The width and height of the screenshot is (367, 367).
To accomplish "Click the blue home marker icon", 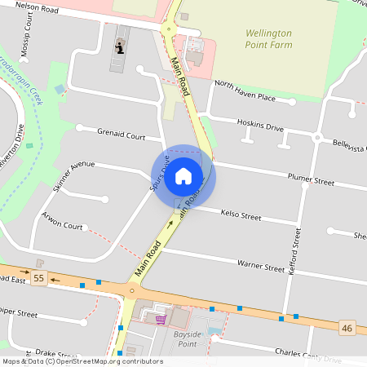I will (183, 175).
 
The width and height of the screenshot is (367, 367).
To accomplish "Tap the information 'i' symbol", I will (121, 47).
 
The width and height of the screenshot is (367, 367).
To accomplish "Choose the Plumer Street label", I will (311, 179).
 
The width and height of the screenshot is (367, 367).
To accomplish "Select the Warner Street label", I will (260, 265).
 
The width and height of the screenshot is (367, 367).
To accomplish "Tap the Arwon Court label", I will (63, 221).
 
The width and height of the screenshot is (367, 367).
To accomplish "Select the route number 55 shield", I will (38, 279).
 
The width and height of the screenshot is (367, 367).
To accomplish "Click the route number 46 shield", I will (347, 328).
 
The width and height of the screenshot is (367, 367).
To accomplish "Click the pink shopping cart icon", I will (161, 319).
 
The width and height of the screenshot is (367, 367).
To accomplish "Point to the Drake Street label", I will (55, 354).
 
